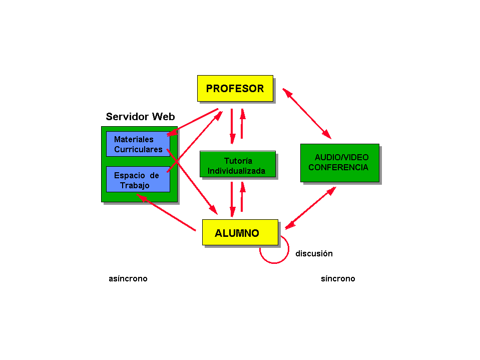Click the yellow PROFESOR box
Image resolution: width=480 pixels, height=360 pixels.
click(235, 89)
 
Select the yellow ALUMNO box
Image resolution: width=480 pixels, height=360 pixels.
click(240, 232)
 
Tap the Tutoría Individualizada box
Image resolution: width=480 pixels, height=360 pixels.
click(237, 165)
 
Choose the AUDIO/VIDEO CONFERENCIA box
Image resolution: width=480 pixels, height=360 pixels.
click(339, 163)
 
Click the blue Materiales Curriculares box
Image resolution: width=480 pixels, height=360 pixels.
click(138, 144)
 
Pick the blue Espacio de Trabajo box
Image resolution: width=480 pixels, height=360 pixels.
click(138, 179)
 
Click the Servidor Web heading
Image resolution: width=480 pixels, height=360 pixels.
click(140, 117)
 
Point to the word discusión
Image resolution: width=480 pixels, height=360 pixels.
click(314, 254)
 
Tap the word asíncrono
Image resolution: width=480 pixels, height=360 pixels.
click(128, 279)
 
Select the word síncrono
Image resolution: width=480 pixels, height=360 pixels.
click(338, 279)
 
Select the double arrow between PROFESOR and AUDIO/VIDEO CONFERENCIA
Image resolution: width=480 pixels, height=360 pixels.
click(307, 114)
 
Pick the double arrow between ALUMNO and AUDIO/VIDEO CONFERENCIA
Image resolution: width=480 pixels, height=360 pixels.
click(310, 208)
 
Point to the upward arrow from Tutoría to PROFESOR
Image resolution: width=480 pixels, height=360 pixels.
click(242, 124)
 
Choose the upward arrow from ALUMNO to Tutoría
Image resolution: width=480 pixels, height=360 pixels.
click(242, 197)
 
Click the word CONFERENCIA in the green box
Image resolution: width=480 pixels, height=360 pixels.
click(338, 168)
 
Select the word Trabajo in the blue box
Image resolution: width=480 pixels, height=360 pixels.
click(135, 186)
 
